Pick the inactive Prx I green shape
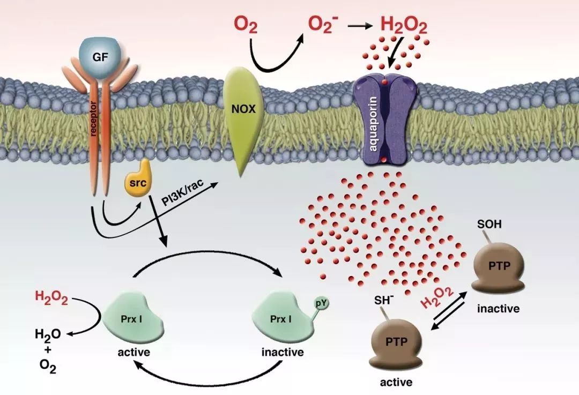point(281,321)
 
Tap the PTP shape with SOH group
point(496,266)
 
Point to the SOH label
point(489,225)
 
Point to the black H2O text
point(48,335)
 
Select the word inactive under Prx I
point(283,353)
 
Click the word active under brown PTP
point(396,382)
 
